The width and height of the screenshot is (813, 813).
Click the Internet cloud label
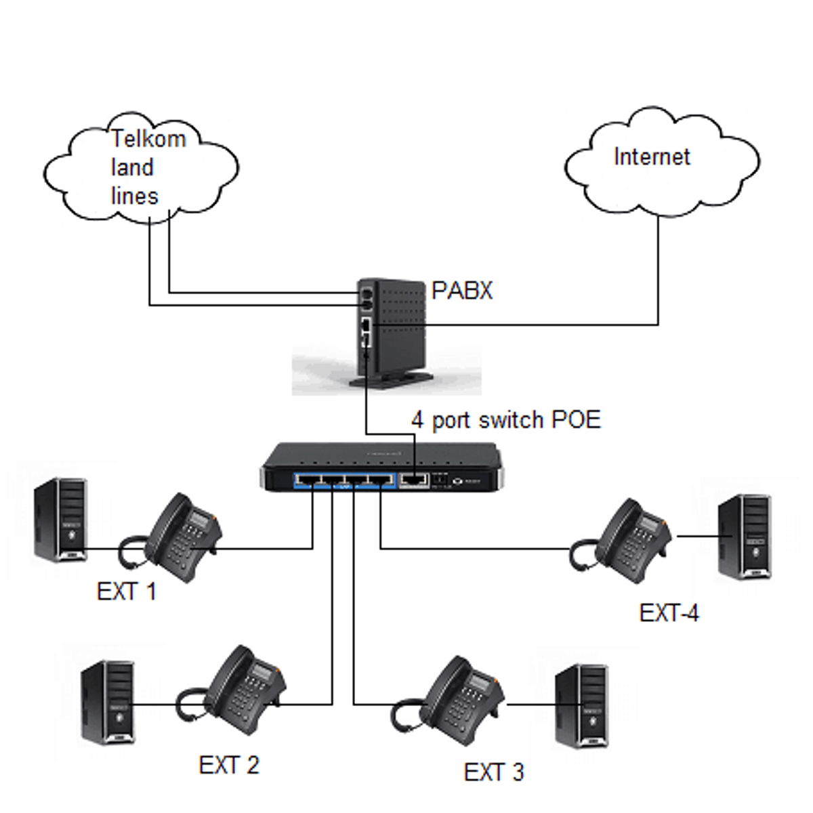[651, 157]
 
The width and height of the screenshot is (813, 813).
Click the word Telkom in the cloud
[148, 139]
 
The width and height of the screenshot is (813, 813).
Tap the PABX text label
[462, 291]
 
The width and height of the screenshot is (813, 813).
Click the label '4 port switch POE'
[505, 420]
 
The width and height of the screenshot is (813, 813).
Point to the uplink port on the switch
[414, 479]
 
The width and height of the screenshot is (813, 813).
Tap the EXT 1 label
[127, 591]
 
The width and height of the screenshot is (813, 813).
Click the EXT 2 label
[229, 766]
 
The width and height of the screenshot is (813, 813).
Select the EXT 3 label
[494, 772]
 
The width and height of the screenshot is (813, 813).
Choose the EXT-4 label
[669, 613]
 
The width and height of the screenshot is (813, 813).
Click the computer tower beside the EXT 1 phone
[61, 520]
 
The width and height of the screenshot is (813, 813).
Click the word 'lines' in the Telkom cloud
[134, 196]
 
